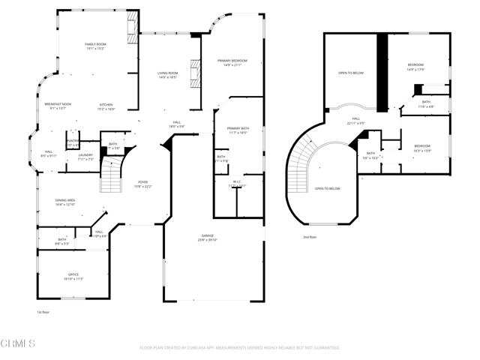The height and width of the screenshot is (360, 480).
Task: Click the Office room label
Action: click(73, 276)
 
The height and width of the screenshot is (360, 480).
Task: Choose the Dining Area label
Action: click(65, 201)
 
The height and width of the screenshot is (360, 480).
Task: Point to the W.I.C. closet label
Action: click(236, 183)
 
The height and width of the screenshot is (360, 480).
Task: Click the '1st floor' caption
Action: click(43, 311)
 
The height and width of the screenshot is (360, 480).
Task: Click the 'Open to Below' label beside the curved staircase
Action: click(327, 188)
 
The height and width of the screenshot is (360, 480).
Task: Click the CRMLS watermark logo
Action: click(18, 344)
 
